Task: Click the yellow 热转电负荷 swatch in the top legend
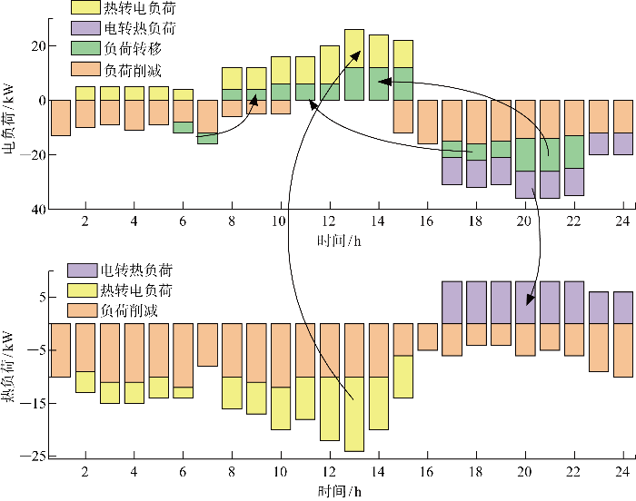click(x=85, y=7)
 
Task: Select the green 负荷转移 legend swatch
click(x=85, y=48)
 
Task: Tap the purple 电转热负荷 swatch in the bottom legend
click(x=83, y=270)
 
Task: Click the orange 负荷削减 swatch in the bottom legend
click(x=83, y=310)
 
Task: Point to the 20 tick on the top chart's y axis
click(x=38, y=45)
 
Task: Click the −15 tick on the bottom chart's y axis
click(x=33, y=403)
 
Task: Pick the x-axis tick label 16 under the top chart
click(x=426, y=221)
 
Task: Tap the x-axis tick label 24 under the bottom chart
click(x=622, y=472)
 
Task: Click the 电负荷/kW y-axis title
click(x=8, y=119)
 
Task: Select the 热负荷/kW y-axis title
click(x=8, y=367)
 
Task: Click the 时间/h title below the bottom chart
click(x=339, y=492)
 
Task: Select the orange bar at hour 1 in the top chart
click(x=61, y=118)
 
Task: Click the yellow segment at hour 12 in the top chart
click(x=330, y=64)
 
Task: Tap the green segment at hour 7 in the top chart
click(x=208, y=138)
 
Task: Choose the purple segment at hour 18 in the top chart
click(x=477, y=173)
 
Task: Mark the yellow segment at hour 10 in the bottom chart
click(x=281, y=408)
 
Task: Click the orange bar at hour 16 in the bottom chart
click(x=428, y=337)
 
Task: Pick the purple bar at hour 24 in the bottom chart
click(x=623, y=308)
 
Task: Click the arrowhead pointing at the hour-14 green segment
click(x=384, y=82)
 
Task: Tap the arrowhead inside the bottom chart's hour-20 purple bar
click(x=530, y=300)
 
